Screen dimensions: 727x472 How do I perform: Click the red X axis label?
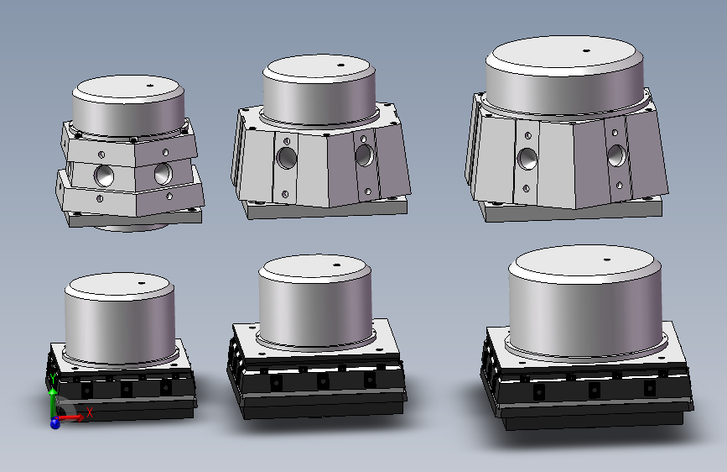coord(90,412)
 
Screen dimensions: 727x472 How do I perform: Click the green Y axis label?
coord(53,378)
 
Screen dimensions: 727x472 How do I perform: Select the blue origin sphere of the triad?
coord(55,423)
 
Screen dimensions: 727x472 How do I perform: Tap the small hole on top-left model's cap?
coord(150,85)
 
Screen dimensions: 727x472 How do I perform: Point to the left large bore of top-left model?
coord(104,176)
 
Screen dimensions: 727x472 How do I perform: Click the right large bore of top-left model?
coord(164,173)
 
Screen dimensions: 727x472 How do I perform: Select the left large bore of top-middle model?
coord(287,158)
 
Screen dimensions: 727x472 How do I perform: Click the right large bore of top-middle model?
coord(365,155)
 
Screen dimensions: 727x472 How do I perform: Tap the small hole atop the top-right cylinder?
coord(586,50)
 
